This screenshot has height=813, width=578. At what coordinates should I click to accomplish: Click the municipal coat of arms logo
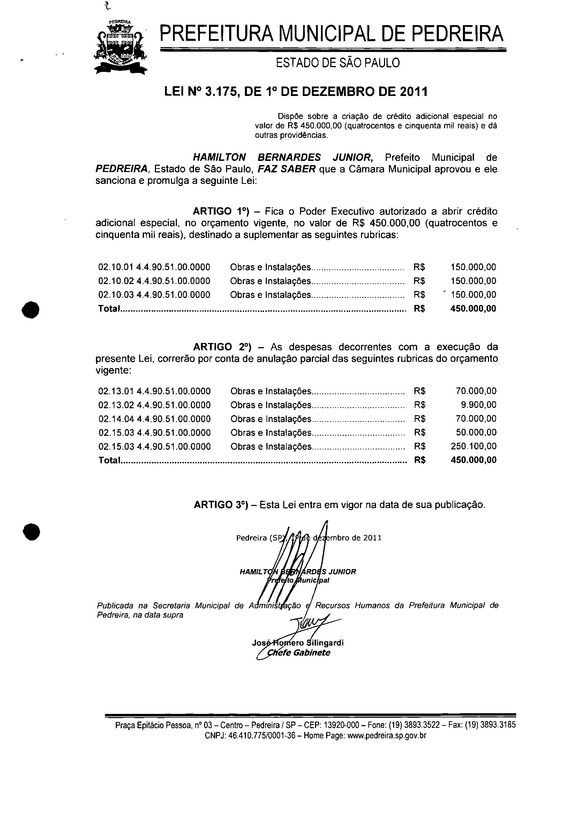click(x=121, y=47)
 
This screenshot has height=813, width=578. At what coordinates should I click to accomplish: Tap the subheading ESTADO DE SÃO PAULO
click(x=338, y=64)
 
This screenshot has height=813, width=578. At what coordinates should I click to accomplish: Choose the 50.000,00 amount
click(x=476, y=432)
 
